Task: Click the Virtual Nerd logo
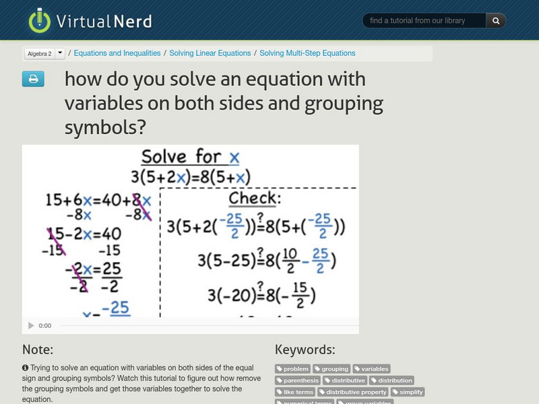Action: click(90, 21)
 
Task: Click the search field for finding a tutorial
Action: click(425, 21)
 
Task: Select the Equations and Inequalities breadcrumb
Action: click(117, 53)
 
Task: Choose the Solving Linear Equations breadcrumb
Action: click(210, 53)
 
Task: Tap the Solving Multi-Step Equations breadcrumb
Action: click(307, 53)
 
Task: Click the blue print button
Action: click(33, 79)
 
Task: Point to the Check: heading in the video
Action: click(253, 198)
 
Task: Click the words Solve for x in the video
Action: click(190, 158)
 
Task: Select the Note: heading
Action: click(38, 349)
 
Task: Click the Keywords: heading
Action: click(305, 349)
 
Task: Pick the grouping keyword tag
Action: click(332, 369)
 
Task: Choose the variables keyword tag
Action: click(372, 369)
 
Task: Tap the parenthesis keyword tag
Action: click(297, 380)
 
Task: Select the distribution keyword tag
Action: click(392, 380)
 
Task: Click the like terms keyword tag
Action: click(296, 392)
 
